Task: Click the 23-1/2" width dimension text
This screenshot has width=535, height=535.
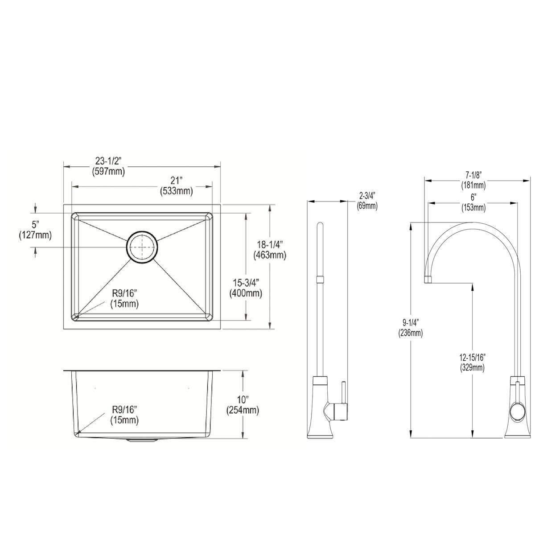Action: click(108, 161)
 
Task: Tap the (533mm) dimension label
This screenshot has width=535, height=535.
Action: click(176, 191)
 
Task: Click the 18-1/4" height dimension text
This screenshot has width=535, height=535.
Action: click(270, 245)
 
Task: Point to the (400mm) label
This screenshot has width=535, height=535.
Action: click(246, 293)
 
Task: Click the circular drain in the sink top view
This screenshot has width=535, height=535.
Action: click(142, 246)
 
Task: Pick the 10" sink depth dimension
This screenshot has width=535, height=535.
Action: click(243, 400)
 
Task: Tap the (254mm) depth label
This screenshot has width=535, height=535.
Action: click(243, 410)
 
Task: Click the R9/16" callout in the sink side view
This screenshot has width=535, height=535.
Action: click(125, 409)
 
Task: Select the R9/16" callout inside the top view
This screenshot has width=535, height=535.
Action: click(125, 293)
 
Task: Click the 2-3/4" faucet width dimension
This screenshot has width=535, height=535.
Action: click(367, 196)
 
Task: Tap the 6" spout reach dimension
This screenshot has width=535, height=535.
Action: click(473, 198)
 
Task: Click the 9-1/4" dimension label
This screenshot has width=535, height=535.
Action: click(411, 322)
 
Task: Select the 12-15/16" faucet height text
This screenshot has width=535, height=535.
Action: click(472, 357)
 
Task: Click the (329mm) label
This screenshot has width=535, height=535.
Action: click(472, 367)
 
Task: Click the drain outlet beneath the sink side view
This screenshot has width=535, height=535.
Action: click(142, 440)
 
